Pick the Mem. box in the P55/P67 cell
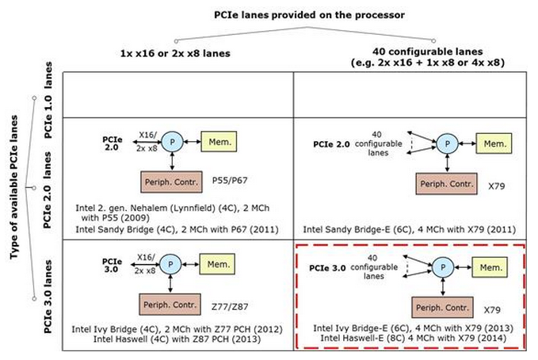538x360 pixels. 217,141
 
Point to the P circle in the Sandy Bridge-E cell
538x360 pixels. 448,144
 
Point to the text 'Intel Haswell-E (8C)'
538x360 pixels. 357,338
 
